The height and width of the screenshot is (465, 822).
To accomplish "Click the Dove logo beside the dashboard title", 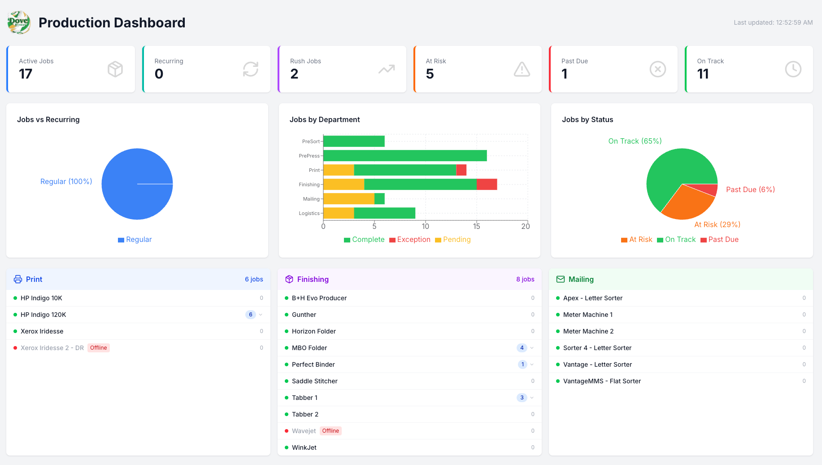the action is click(19, 22).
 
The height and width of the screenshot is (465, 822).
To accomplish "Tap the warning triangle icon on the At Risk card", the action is click(522, 69).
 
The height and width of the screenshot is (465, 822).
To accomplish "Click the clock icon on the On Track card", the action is click(793, 69).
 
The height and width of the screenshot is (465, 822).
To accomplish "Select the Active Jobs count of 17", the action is click(26, 74).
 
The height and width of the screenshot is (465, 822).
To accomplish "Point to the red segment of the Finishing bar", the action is click(487, 184).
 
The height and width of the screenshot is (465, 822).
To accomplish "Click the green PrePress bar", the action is click(405, 156).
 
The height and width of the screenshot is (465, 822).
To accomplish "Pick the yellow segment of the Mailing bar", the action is click(349, 199).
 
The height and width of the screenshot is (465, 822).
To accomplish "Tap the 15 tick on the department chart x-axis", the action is click(477, 226).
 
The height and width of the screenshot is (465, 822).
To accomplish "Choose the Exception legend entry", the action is click(410, 240).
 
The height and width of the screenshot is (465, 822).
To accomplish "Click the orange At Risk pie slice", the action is click(686, 204).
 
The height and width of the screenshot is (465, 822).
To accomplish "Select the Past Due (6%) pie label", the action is click(750, 189).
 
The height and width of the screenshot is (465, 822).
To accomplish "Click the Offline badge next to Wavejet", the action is click(331, 431).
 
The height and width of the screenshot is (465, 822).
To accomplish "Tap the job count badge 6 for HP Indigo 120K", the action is click(251, 315).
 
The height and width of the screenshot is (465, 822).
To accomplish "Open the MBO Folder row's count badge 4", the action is click(522, 348).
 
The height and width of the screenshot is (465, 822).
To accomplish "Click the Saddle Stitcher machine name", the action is click(315, 381).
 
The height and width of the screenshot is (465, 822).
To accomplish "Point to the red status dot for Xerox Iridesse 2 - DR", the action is click(15, 348).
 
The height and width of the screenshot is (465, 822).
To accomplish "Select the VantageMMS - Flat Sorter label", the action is click(602, 381).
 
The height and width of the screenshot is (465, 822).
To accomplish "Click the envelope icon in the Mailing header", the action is click(561, 279).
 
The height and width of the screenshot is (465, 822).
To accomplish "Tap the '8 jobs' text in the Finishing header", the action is click(525, 279).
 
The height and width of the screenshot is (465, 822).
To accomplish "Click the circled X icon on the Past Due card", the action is click(658, 69).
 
